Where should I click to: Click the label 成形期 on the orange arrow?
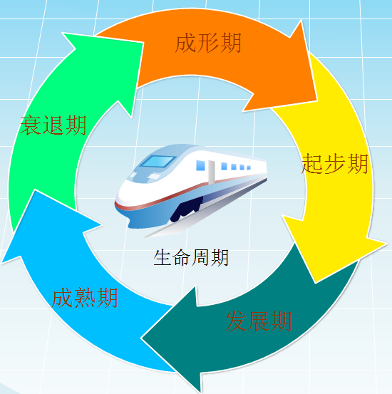[208, 43]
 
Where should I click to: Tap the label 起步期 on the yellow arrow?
[335, 164]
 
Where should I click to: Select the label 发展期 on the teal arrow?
[259, 321]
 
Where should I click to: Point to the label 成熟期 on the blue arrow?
[85, 298]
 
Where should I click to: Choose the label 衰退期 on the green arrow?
[53, 125]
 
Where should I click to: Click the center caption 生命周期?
[191, 257]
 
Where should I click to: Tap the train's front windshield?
[158, 161]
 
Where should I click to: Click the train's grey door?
[212, 172]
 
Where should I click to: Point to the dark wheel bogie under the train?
[187, 209]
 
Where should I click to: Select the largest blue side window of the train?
[200, 165]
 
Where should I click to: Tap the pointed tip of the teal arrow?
[141, 338]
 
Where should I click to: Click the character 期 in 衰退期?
[76, 125]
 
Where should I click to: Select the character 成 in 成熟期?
[62, 298]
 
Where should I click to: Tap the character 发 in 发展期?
[237, 321]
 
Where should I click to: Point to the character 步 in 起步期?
[335, 164]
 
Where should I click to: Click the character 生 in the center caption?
[163, 257]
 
